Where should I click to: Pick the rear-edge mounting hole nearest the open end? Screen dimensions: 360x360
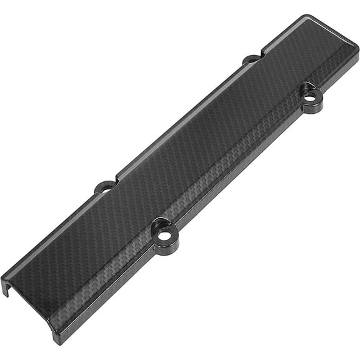(x=105, y=186)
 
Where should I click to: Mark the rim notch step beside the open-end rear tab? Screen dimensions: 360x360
(x=117, y=177)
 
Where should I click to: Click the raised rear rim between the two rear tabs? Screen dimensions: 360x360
(x=181, y=119)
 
